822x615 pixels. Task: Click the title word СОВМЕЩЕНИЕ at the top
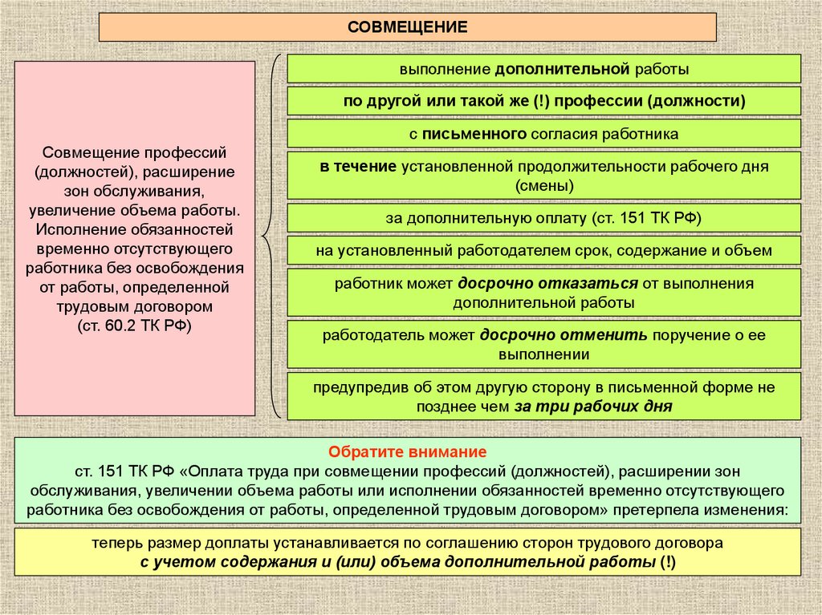pos(407,26)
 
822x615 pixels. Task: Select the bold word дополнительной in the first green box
pos(560,70)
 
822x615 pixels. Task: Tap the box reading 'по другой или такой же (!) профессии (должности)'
pos(544,101)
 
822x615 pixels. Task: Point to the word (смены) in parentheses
pos(544,186)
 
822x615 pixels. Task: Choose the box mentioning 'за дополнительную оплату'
pos(544,217)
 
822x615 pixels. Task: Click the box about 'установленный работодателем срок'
pos(544,251)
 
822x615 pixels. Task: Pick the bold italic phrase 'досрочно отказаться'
pos(548,284)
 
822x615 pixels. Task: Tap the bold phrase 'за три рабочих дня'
pos(592,407)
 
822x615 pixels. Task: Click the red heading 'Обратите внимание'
pos(407,451)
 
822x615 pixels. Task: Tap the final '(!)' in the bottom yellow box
pos(668,562)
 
